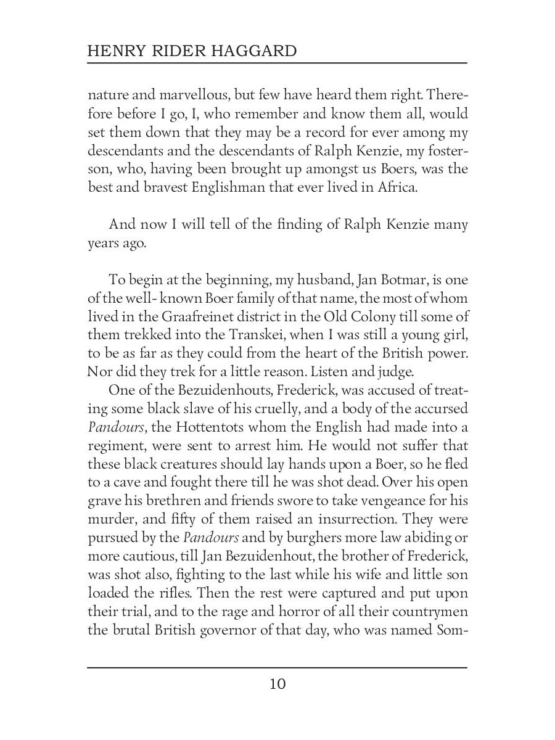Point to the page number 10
click(277, 684)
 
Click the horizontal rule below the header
click(277, 63)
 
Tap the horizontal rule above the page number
click(277, 667)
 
